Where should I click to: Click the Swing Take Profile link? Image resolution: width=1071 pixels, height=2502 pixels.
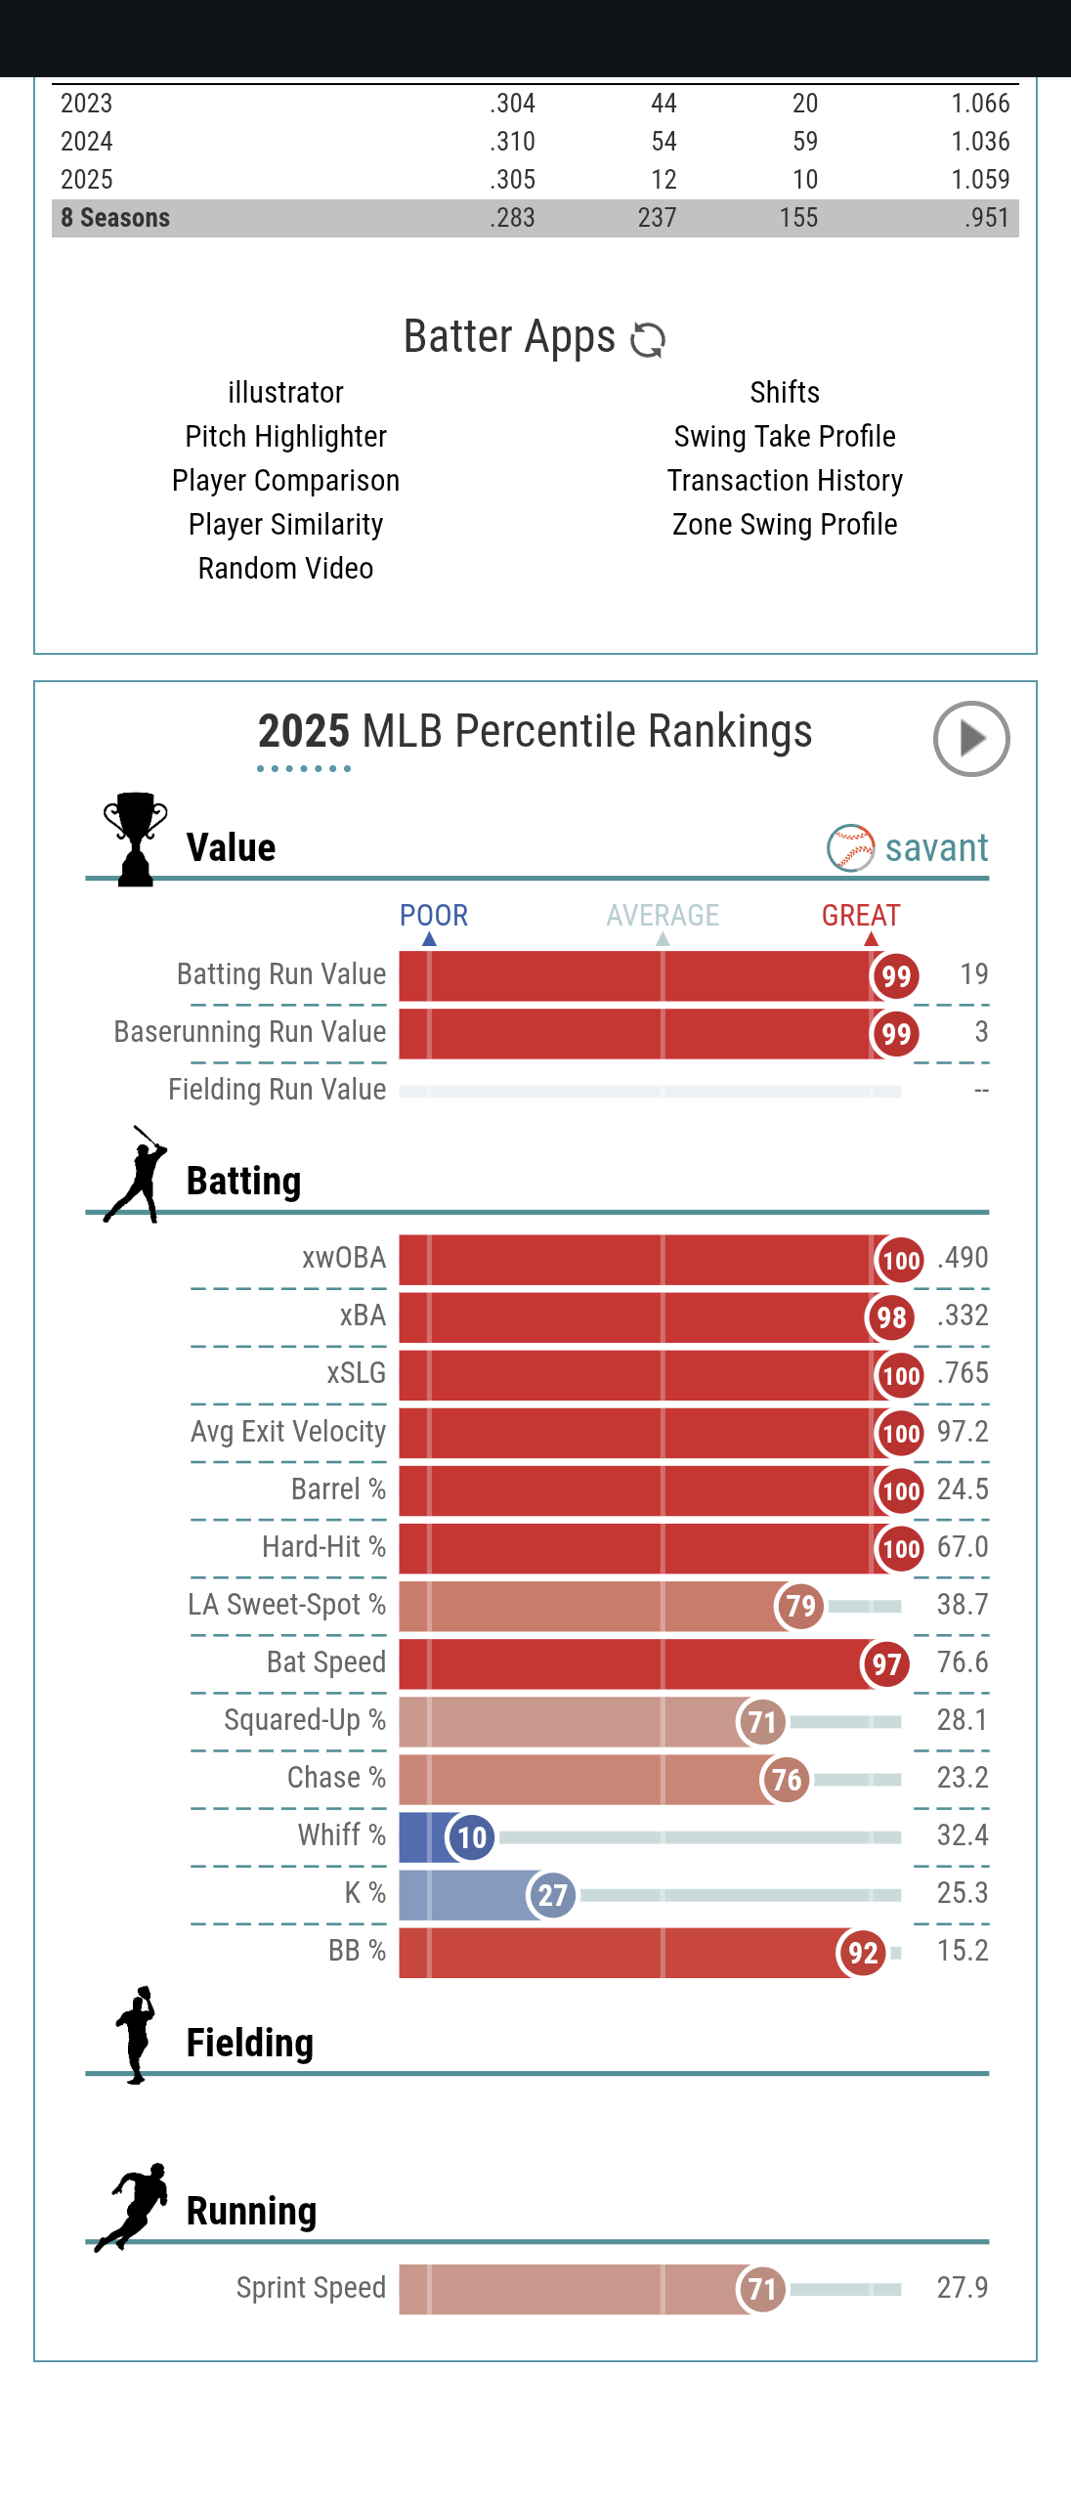tap(785, 437)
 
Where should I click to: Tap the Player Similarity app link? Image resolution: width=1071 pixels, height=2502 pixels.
tap(285, 525)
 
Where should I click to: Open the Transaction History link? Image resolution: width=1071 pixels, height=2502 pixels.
tap(785, 481)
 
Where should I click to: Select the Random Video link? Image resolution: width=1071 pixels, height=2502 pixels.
tap(285, 569)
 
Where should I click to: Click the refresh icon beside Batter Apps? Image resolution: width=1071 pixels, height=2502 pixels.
tap(648, 340)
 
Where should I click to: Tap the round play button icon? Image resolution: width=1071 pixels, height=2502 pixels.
tap(970, 739)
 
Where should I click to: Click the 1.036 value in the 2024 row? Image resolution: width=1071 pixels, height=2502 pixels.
tap(980, 142)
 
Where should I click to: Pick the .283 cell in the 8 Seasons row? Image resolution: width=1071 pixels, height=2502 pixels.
tap(512, 218)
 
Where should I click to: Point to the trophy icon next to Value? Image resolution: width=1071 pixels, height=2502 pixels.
tap(136, 839)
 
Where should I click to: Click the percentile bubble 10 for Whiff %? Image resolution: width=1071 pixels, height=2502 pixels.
tap(471, 1837)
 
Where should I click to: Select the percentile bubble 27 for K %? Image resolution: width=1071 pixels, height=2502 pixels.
tap(552, 1895)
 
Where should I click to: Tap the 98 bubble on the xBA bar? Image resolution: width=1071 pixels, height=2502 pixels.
tap(890, 1317)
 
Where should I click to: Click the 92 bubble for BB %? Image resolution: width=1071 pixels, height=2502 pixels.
tap(862, 1953)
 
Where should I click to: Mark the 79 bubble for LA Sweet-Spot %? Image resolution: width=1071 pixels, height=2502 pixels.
tap(799, 1606)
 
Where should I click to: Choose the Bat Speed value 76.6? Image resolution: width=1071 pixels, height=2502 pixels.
tap(963, 1662)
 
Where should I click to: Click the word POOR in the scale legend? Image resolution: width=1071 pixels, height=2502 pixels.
tap(434, 916)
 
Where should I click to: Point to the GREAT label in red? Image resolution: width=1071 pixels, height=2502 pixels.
tap(861, 916)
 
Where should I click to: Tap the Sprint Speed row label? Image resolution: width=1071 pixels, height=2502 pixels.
tap(311, 2288)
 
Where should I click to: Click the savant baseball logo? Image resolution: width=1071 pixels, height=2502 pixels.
tap(851, 847)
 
